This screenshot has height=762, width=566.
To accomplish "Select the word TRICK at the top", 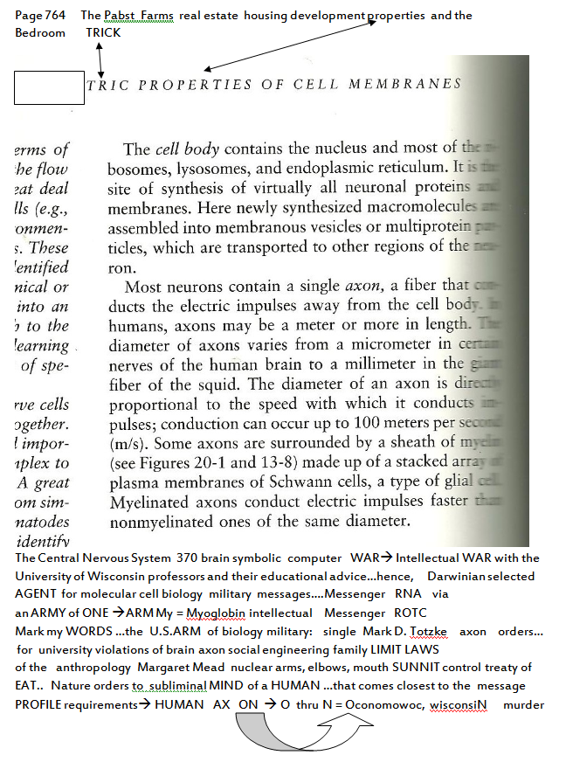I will pyautogui.click(x=103, y=32).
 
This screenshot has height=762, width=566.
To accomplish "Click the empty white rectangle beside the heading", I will pyautogui.click(x=50, y=87).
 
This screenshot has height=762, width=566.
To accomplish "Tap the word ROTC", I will pyautogui.click(x=411, y=613).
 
